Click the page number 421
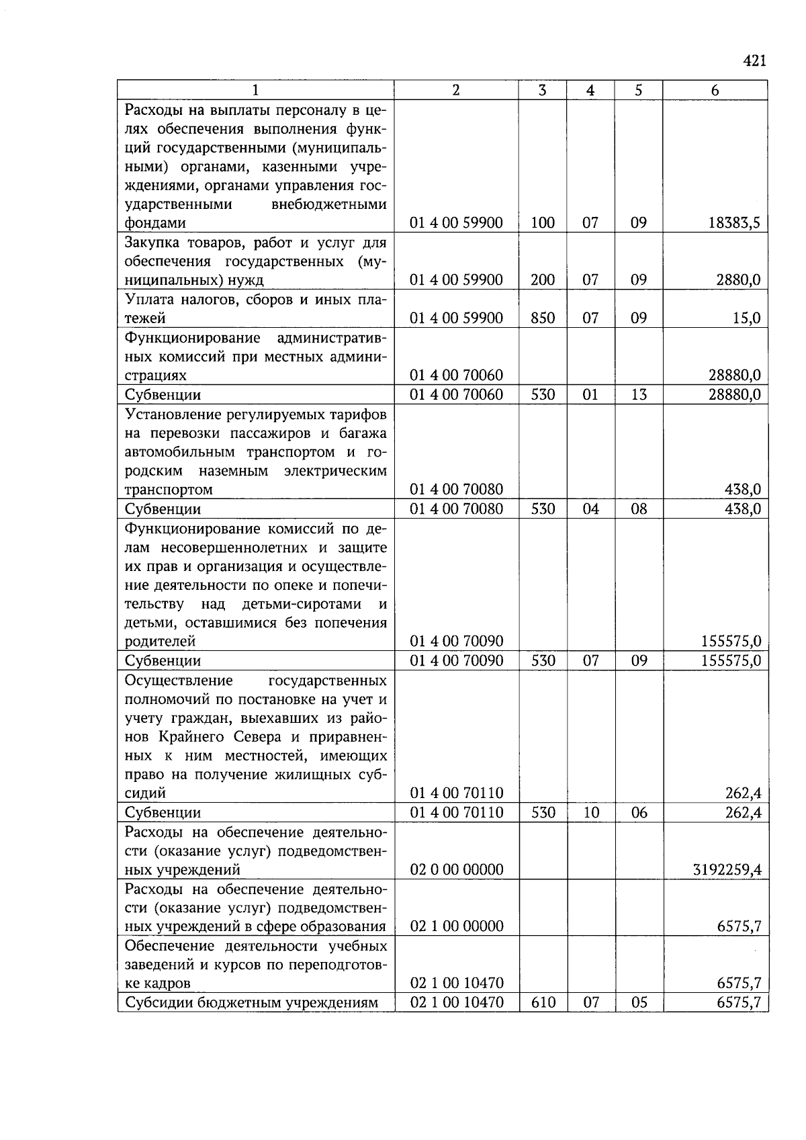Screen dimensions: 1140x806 tap(754, 61)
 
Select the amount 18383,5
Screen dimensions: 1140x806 tap(734, 223)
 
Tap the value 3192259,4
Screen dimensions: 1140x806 tap(727, 870)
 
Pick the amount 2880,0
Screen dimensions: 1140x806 tap(738, 280)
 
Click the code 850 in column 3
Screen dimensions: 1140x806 tap(543, 318)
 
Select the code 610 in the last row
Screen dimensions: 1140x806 tap(543, 1003)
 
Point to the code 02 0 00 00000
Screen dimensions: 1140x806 tap(457, 870)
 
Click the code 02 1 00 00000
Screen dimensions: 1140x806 tap(457, 926)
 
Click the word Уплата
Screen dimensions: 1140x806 tap(150, 299)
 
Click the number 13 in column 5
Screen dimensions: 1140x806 tap(639, 394)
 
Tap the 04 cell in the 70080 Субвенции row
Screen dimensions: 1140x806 tap(590, 509)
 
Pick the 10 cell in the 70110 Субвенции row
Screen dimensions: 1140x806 tap(590, 813)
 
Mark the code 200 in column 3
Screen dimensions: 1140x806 tap(543, 280)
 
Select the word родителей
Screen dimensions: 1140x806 tap(160, 642)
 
